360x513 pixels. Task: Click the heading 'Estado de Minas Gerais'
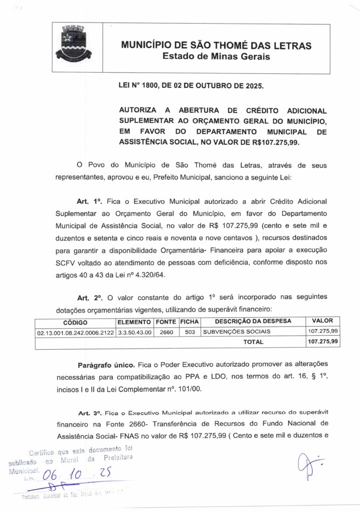click(x=216, y=57)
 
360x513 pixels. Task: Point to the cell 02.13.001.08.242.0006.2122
click(x=75, y=332)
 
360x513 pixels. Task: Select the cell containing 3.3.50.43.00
click(x=134, y=332)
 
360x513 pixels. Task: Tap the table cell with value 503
click(x=189, y=332)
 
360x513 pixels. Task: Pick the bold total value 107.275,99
click(x=323, y=342)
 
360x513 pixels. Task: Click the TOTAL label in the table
click(x=253, y=342)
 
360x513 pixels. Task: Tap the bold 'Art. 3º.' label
click(x=89, y=413)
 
